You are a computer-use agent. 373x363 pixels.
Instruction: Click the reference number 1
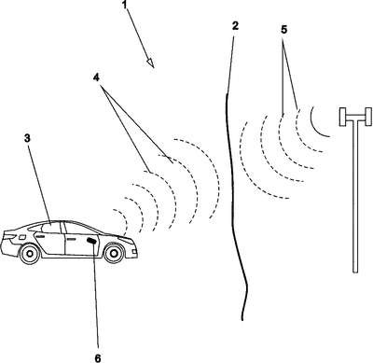(x=124, y=5)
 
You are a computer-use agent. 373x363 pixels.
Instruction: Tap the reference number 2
(x=235, y=26)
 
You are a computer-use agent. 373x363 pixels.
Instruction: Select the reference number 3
(x=27, y=138)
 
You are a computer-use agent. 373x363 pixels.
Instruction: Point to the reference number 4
(x=96, y=77)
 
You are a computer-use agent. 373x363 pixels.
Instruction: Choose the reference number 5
(x=283, y=30)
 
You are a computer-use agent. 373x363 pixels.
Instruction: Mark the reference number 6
(x=98, y=358)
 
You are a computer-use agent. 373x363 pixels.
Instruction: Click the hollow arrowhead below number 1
(x=150, y=63)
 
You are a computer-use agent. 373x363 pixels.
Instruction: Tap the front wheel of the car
(x=114, y=253)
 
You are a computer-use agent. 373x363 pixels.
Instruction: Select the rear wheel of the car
(x=30, y=253)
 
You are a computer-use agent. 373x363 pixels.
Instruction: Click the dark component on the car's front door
(x=91, y=241)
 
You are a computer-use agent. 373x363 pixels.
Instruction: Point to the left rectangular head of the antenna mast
(x=343, y=117)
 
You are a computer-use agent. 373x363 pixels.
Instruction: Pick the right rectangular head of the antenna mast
(x=367, y=117)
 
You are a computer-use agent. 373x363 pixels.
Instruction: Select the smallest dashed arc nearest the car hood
(x=124, y=219)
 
